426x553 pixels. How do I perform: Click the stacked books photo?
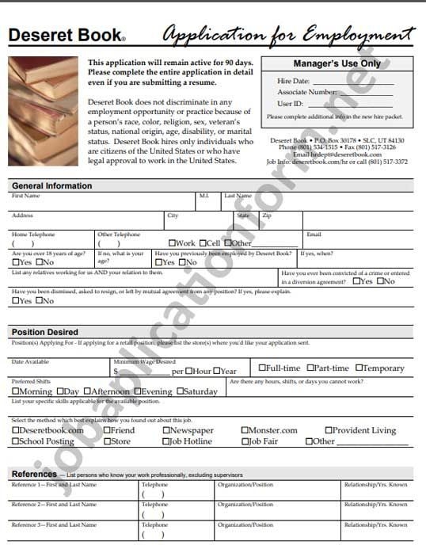click(x=44, y=111)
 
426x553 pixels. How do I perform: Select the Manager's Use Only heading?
click(x=337, y=63)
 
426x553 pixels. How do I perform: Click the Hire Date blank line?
click(x=353, y=82)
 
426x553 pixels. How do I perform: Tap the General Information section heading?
click(x=52, y=186)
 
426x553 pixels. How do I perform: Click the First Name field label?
click(x=25, y=196)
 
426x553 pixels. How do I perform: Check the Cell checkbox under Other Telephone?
click(x=203, y=243)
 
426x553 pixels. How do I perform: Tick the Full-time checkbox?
click(x=263, y=368)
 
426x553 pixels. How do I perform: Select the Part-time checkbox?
click(x=310, y=368)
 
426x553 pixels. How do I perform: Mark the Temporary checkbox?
click(x=359, y=368)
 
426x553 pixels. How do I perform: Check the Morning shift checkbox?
click(x=16, y=391)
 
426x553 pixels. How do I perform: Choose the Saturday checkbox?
click(x=181, y=391)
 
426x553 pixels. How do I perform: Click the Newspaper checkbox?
click(x=166, y=431)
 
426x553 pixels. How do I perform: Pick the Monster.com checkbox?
click(x=245, y=431)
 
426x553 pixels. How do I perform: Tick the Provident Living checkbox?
click(x=329, y=431)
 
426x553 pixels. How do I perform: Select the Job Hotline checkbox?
click(x=166, y=441)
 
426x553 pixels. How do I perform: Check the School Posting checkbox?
click(x=16, y=441)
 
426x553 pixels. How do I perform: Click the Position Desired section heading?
click(x=45, y=332)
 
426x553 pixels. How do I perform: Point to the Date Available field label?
click(x=30, y=361)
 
